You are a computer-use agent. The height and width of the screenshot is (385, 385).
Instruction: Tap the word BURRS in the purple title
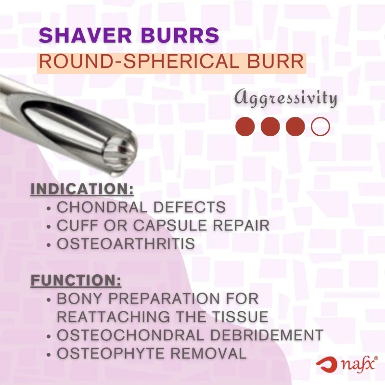click(x=180, y=36)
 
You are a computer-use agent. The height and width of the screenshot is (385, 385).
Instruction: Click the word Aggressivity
click(x=285, y=99)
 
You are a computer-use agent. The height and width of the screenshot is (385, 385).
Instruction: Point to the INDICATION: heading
click(x=82, y=189)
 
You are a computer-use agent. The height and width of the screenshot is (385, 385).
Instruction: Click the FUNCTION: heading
click(x=76, y=280)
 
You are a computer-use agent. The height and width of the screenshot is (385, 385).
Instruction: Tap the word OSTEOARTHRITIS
click(x=126, y=244)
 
